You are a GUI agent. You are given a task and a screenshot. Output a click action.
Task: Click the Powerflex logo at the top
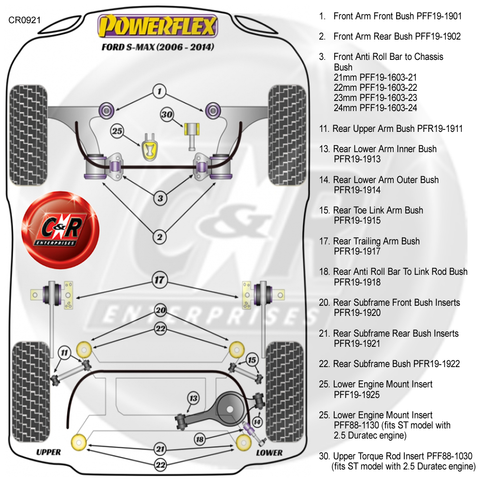tap(157, 26)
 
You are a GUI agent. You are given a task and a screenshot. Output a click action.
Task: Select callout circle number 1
tap(159, 91)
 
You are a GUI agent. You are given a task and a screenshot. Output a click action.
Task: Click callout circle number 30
tap(167, 114)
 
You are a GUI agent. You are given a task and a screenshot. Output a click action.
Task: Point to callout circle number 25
tap(117, 130)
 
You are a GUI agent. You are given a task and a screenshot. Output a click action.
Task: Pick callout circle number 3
tap(160, 198)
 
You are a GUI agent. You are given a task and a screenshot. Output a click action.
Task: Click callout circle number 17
tap(160, 279)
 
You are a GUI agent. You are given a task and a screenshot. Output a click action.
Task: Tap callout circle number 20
tap(160, 311)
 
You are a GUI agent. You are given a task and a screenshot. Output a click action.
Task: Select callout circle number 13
tap(193, 398)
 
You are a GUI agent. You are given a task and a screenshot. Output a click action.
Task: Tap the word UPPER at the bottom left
tap(49, 452)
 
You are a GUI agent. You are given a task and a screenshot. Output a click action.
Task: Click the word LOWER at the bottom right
tap(269, 453)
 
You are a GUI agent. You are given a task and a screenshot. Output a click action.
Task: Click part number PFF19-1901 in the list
tap(439, 16)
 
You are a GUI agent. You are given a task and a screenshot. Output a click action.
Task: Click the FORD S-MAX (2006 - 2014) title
tap(157, 48)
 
